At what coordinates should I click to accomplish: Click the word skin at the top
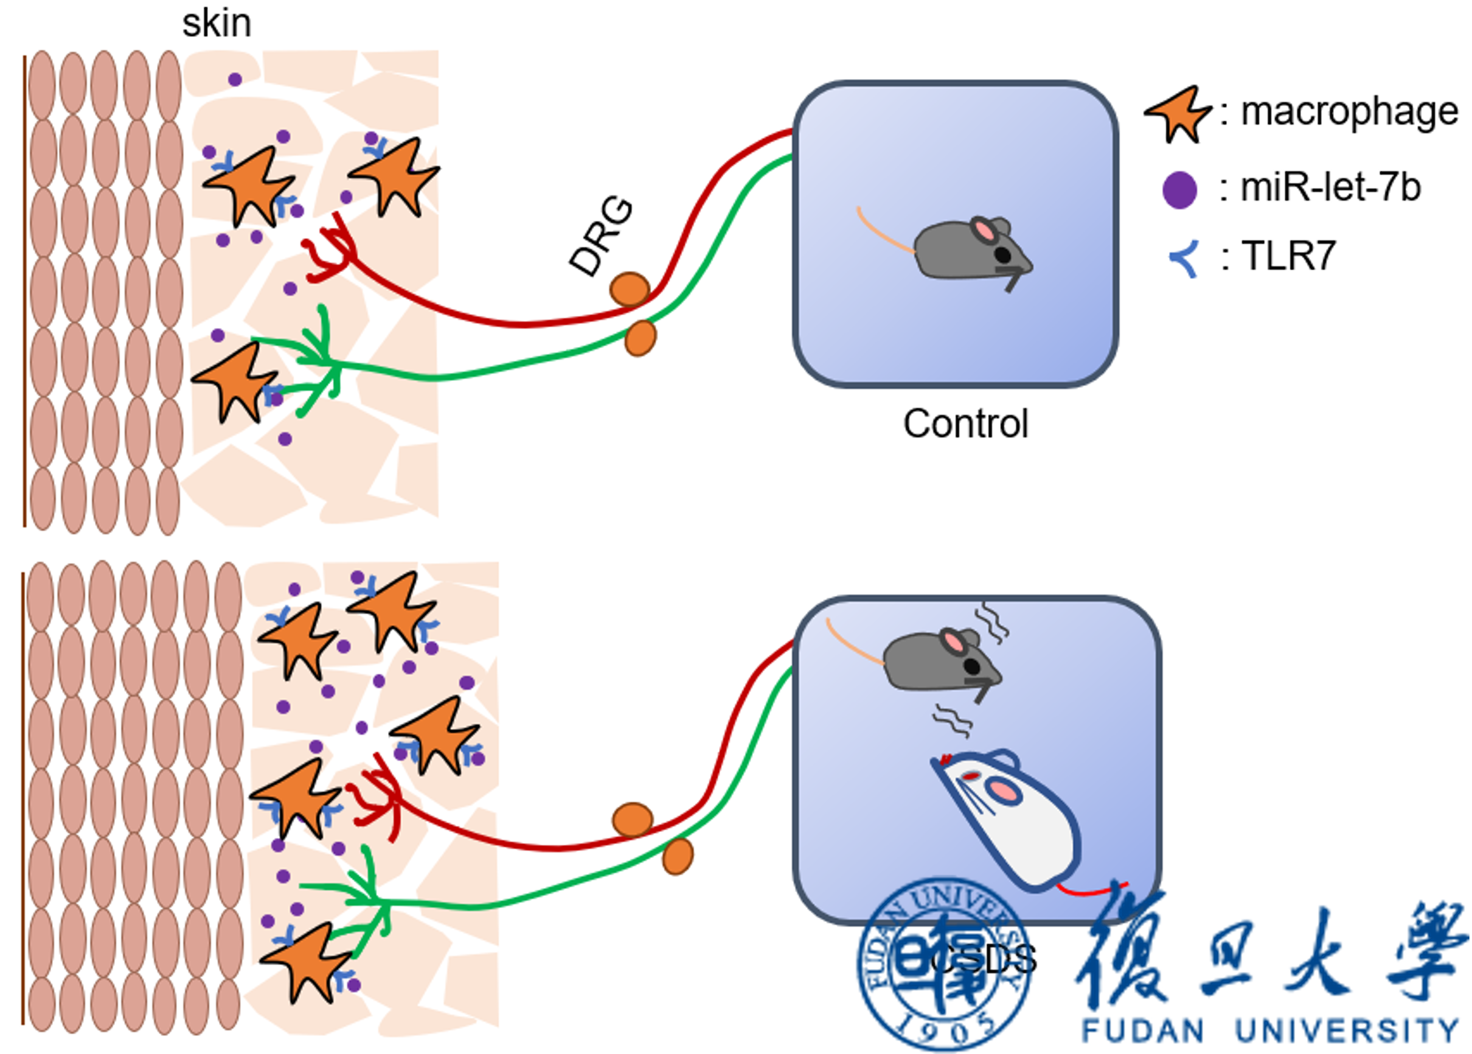click(x=216, y=23)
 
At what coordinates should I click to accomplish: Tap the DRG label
click(x=601, y=237)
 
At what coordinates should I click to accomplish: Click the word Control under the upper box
click(x=965, y=424)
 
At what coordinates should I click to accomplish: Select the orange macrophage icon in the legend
click(x=1178, y=114)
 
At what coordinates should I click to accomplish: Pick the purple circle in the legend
click(x=1179, y=189)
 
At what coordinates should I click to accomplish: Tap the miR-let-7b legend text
click(x=1330, y=187)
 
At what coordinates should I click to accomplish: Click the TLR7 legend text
click(x=1288, y=256)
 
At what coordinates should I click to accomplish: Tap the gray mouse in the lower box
click(x=940, y=662)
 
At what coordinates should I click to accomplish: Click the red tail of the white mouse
click(x=1093, y=889)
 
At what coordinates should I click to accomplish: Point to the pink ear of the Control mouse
click(x=985, y=231)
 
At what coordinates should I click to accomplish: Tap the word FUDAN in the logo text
click(x=1142, y=1031)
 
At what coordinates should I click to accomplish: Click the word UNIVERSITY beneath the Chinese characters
click(x=1346, y=1031)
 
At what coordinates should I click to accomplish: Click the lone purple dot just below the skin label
click(x=235, y=80)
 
